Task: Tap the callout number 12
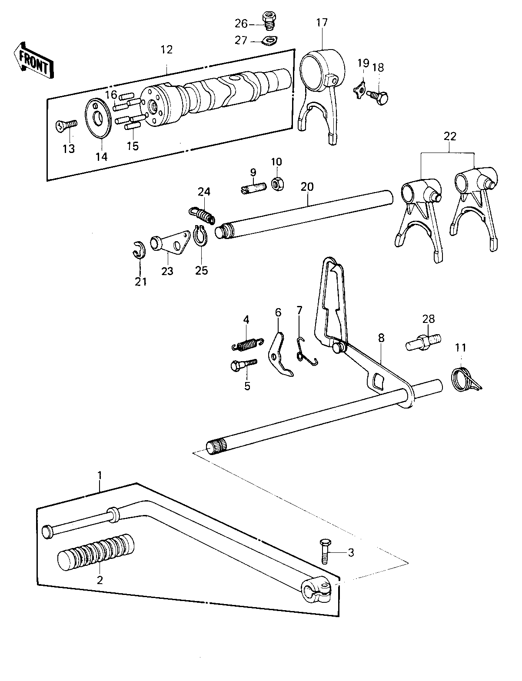point(166,50)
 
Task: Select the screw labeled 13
point(66,126)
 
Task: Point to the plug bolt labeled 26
point(269,21)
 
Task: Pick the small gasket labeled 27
point(270,41)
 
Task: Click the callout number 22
point(450,136)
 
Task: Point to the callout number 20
point(307,186)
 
